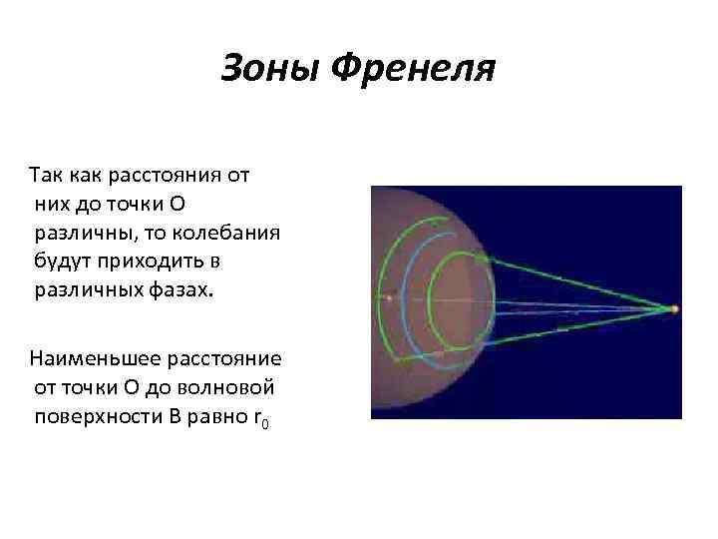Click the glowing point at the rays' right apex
tap(675, 309)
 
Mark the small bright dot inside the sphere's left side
tap(388, 297)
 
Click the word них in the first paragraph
tap(48, 205)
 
